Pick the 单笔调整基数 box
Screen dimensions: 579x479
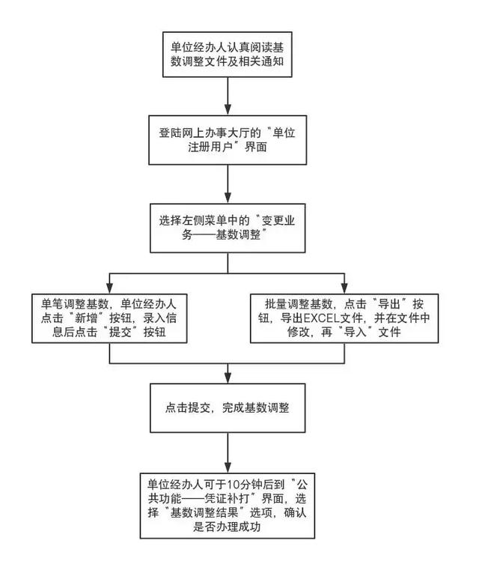(109, 318)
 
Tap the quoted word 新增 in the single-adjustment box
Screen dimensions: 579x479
(83, 319)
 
